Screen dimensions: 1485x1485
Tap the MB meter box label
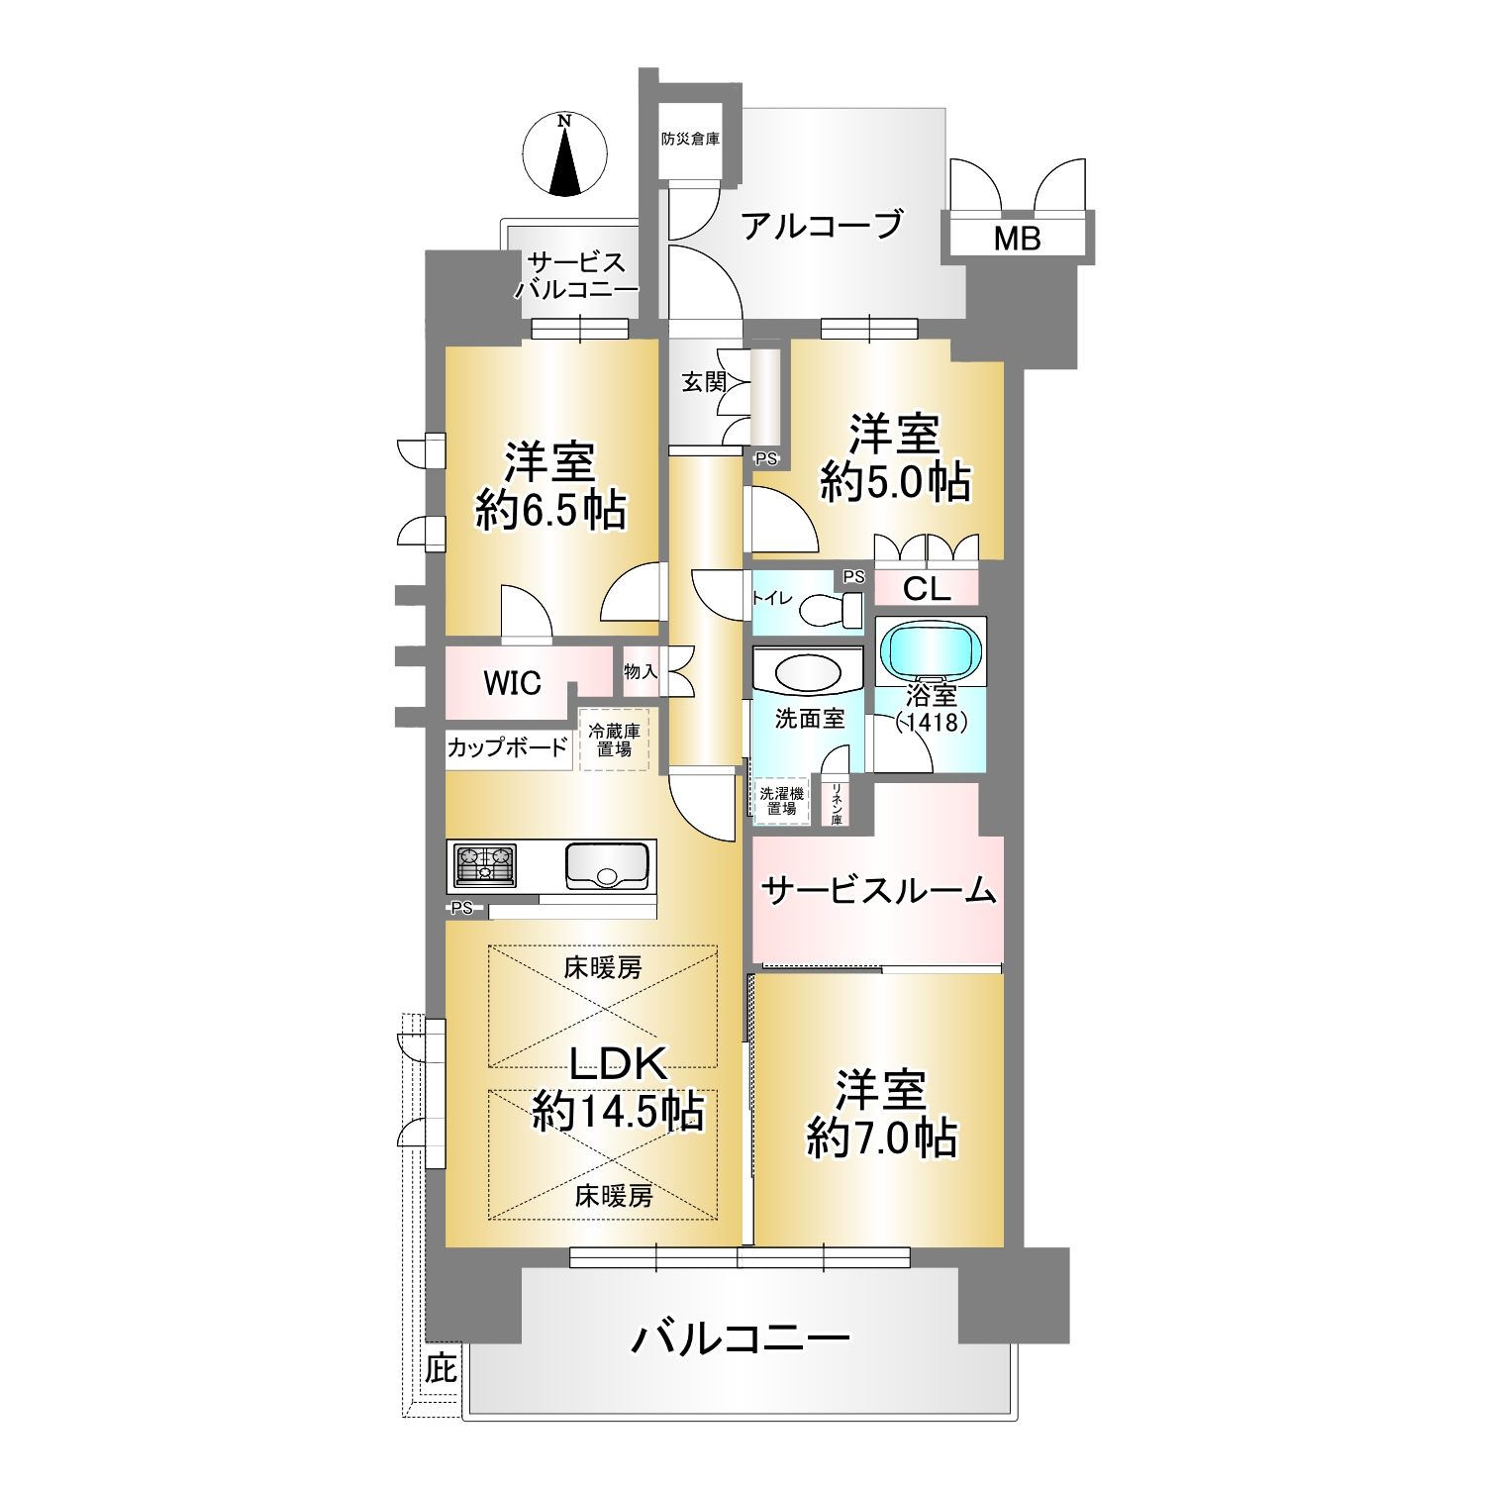pyautogui.click(x=1018, y=239)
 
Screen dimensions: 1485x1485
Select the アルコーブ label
pyautogui.click(x=823, y=225)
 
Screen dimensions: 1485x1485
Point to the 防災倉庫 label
pyautogui.click(x=691, y=140)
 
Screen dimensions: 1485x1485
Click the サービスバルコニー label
pyautogui.click(x=576, y=277)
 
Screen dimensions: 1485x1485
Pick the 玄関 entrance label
pyautogui.click(x=704, y=382)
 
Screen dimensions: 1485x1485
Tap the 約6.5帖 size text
pyautogui.click(x=550, y=511)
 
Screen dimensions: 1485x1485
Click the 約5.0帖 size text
pyautogui.click(x=895, y=482)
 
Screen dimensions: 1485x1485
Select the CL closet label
pyautogui.click(x=927, y=590)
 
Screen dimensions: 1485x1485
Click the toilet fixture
pyautogui.click(x=831, y=610)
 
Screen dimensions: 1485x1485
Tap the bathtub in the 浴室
pyautogui.click(x=932, y=651)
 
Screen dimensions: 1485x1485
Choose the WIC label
pyautogui.click(x=512, y=682)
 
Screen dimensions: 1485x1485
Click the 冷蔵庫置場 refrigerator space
pyautogui.click(x=614, y=741)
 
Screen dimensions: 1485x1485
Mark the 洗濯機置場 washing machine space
pyautogui.click(x=782, y=800)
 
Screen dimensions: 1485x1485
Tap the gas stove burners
pyautogui.click(x=485, y=864)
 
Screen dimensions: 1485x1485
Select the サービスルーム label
pyautogui.click(x=878, y=891)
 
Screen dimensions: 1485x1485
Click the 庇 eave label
pyautogui.click(x=442, y=1370)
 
